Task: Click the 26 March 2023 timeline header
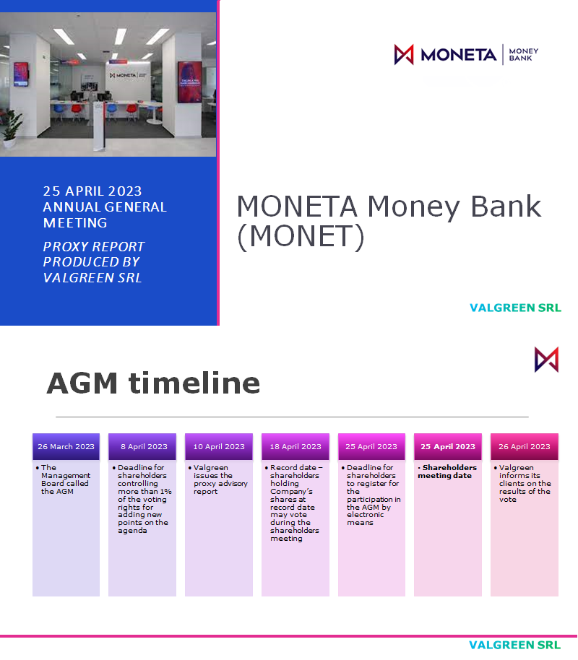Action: point(66,447)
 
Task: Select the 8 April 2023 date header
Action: point(142,447)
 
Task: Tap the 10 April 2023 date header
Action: point(219,447)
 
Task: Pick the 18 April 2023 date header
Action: point(296,447)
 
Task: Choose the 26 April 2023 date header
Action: point(525,447)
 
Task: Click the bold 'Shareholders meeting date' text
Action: point(447,472)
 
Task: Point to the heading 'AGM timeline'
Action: point(153,383)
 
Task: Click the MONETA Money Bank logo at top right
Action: point(466,55)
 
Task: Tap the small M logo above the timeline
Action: point(546,359)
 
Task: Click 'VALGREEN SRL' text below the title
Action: point(515,308)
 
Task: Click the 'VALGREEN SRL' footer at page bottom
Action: point(514,645)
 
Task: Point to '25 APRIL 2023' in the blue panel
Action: point(92,191)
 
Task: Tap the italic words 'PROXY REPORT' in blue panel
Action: point(94,246)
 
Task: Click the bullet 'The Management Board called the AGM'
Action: point(66,479)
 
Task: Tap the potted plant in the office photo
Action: point(12,127)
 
